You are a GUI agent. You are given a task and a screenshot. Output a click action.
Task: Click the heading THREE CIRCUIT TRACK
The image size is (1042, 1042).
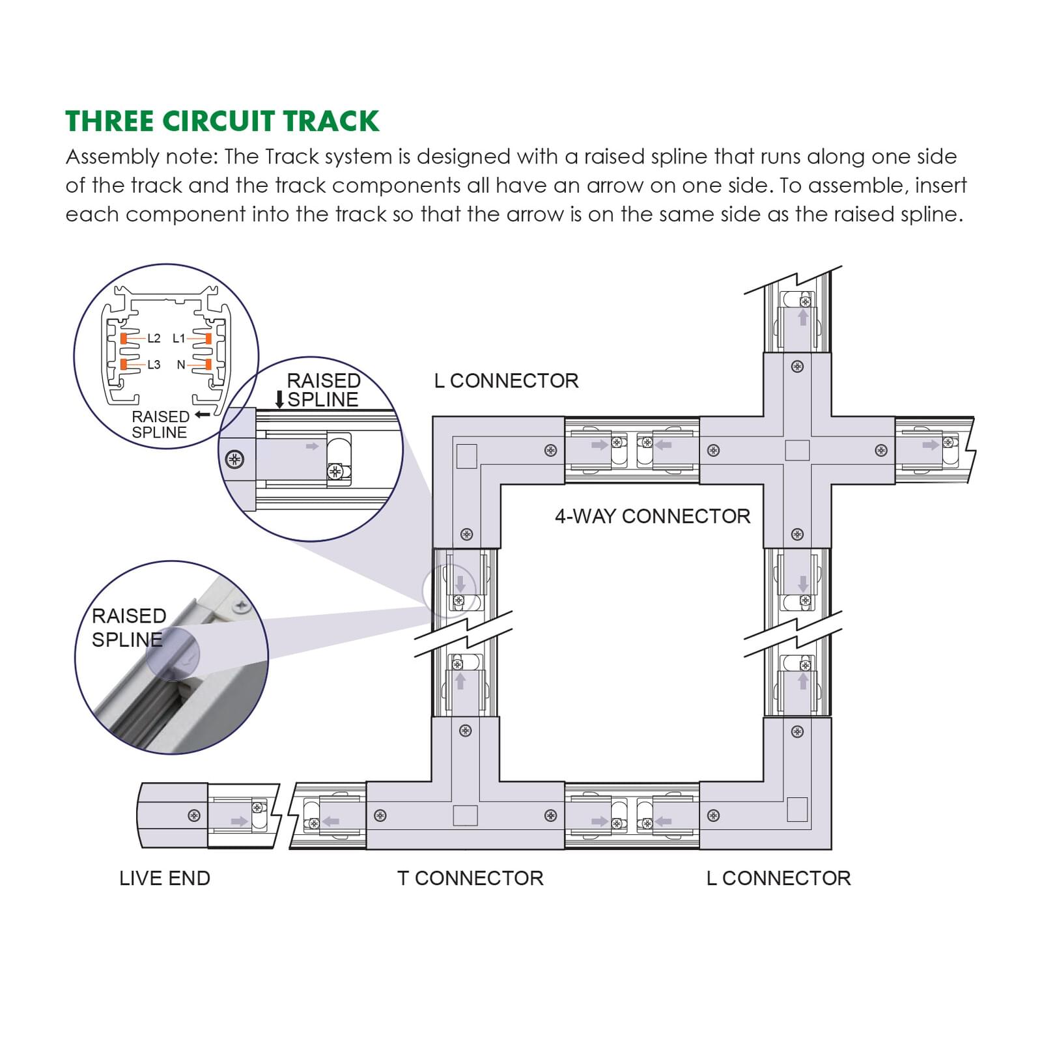[222, 122]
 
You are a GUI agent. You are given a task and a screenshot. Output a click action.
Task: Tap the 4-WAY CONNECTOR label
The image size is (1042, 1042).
[652, 516]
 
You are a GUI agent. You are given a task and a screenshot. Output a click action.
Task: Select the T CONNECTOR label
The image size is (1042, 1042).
[470, 878]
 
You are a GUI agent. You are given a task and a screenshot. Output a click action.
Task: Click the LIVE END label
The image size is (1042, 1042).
[165, 878]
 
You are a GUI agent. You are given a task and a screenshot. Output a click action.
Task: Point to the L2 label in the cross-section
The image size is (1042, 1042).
[154, 338]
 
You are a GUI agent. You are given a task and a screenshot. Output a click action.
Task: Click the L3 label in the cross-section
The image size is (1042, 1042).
[154, 365]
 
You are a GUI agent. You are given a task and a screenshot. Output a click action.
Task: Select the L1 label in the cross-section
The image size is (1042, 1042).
[178, 338]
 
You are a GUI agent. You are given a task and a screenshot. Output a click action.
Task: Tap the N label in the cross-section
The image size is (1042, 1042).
[181, 365]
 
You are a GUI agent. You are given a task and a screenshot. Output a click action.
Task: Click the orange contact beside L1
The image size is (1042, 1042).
[208, 338]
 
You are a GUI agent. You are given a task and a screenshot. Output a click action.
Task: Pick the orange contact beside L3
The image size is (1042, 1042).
[124, 365]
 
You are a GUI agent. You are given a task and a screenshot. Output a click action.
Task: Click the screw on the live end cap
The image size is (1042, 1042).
[194, 815]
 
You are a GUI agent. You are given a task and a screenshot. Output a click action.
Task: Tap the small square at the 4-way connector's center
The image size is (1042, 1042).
[797, 450]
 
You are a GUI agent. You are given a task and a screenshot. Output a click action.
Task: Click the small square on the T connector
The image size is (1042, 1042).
[465, 815]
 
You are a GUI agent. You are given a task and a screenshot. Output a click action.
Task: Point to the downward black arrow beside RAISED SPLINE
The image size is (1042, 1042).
[279, 399]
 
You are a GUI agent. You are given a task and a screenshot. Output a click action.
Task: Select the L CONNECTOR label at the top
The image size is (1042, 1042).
[506, 381]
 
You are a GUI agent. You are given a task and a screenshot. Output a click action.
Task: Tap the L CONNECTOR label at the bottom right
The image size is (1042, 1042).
[778, 878]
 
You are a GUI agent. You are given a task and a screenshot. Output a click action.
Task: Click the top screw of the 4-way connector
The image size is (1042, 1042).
[797, 367]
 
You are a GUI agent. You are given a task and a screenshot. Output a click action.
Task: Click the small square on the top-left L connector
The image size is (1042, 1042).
[467, 456]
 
